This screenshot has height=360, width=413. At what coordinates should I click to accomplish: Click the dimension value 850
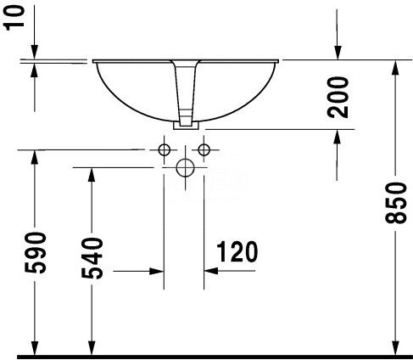395,203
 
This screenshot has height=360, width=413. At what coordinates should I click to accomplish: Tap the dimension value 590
35,253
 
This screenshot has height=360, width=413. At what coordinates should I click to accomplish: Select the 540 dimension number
92,259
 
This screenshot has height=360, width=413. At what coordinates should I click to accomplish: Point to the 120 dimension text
237,251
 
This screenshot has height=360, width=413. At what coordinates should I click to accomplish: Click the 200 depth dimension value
338,97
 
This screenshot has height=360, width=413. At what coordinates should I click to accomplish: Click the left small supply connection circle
164,149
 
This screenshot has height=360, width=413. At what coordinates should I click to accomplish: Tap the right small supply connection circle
204,149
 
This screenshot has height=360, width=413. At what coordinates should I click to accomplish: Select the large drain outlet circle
185,168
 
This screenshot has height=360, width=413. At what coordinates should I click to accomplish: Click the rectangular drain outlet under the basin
186,126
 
